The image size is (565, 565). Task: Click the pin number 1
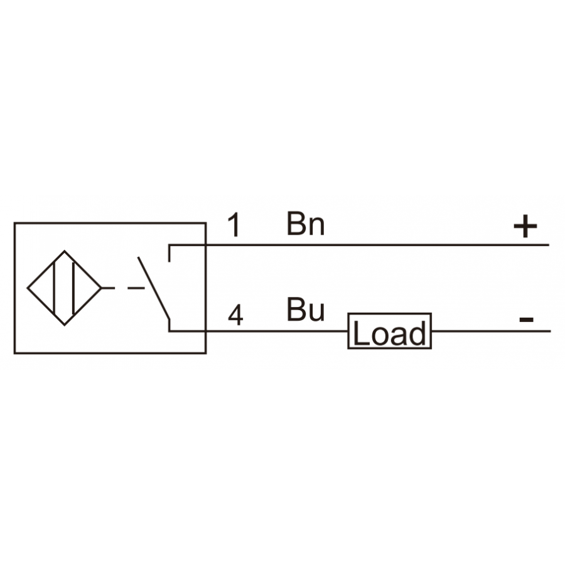click(x=235, y=225)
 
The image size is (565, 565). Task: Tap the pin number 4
click(x=235, y=315)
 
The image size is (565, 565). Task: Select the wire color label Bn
click(x=306, y=223)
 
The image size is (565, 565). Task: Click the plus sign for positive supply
click(x=525, y=226)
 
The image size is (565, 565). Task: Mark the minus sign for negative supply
click(x=526, y=320)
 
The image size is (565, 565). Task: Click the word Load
click(x=389, y=333)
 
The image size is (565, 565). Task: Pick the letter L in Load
click(x=362, y=333)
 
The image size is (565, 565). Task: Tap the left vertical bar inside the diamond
click(x=54, y=288)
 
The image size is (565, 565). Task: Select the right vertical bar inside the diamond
click(x=73, y=288)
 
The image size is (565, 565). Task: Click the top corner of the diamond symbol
click(x=65, y=250)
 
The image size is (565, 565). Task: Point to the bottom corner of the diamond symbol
click(x=65, y=325)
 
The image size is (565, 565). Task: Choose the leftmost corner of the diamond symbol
click(x=28, y=288)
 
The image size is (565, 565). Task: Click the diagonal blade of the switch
click(x=154, y=288)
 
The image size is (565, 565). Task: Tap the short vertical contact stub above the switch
click(x=169, y=254)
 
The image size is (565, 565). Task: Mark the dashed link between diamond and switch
click(x=124, y=288)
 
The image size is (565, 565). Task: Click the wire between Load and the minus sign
click(x=491, y=331)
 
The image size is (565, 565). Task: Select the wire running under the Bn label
click(x=359, y=245)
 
